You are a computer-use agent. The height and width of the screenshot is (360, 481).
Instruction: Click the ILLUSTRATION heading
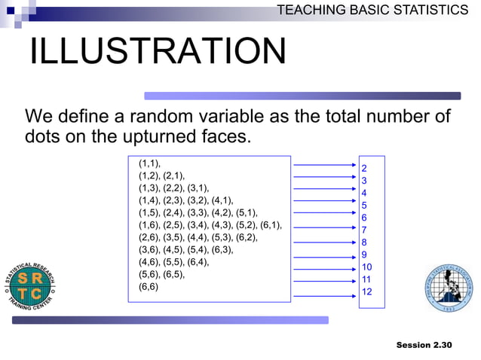[x=158, y=52]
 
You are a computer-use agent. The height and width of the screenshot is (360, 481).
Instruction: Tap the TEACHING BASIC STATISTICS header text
[x=372, y=10]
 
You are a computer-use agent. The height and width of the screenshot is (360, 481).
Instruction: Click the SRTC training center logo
[x=30, y=285]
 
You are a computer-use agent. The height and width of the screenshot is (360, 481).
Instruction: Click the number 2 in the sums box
[x=364, y=168]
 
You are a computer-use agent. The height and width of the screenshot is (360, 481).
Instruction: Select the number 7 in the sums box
[x=364, y=230]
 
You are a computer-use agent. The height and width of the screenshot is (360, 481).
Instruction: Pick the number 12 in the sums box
[x=366, y=291]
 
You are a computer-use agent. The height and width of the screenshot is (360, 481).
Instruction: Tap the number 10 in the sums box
[x=366, y=267]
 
